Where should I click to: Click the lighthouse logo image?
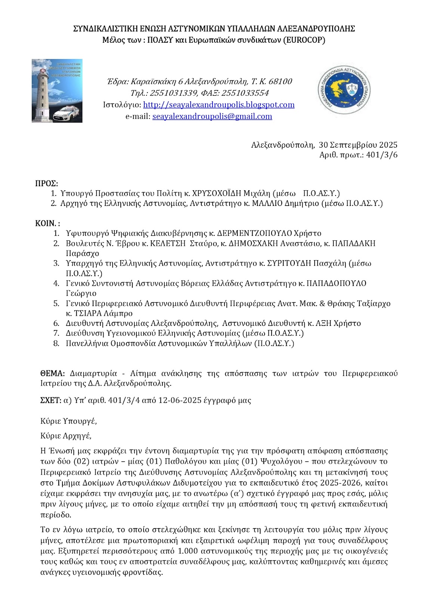[57, 91]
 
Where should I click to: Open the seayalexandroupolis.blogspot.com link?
[219, 105]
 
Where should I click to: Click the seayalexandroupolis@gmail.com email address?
[212, 116]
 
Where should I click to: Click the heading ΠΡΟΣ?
[46, 184]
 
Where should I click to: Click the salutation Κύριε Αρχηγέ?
[66, 436]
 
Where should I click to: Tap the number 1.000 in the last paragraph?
[188, 551]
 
